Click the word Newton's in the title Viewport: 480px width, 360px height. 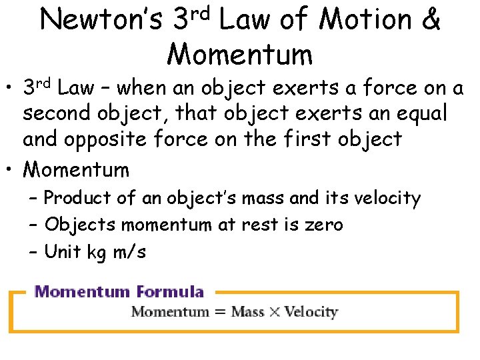tap(101, 21)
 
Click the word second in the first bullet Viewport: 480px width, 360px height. tap(56, 113)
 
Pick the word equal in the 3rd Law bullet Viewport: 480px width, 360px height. tap(423, 113)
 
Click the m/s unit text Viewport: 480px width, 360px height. tap(129, 252)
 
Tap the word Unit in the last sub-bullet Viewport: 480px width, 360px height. tap(60, 252)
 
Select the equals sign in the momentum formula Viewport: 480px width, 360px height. tap(219, 312)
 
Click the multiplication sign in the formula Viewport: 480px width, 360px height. tap(274, 312)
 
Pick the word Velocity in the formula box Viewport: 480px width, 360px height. tap(311, 312)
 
